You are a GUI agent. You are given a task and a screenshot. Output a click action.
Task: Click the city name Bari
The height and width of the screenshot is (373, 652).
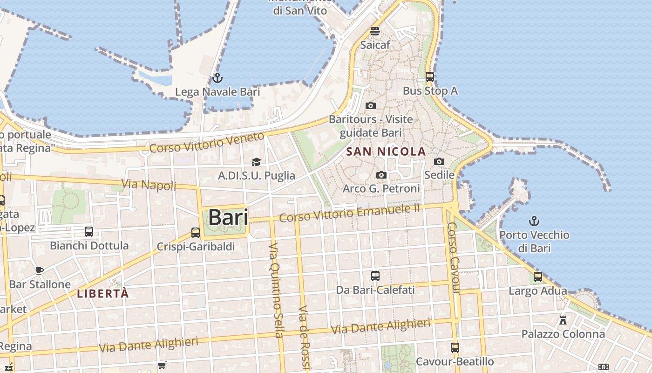coord(228,218)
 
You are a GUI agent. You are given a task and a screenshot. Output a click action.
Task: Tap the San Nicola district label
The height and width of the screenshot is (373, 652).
coord(386,152)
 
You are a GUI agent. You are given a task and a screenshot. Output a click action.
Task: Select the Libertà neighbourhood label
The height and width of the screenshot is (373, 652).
coord(102,294)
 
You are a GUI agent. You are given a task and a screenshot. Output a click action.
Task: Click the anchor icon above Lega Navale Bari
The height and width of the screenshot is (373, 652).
coord(217,78)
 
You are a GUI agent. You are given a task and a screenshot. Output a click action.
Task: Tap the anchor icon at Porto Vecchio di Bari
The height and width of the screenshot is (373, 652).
coord(534,221)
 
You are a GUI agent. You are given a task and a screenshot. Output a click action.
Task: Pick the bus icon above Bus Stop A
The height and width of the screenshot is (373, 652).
coord(429,77)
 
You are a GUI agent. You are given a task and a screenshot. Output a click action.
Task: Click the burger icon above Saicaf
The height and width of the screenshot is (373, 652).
coord(375,31)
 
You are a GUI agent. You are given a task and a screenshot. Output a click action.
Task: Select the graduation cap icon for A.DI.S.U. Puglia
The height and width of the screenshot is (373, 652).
coord(256,162)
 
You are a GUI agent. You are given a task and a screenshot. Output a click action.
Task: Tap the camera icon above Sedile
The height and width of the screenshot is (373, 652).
coord(439,161)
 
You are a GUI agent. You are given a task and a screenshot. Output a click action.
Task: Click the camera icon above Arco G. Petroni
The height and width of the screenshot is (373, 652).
coord(381,175)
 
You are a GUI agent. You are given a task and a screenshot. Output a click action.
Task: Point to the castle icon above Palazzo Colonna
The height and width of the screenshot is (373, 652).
coord(563,320)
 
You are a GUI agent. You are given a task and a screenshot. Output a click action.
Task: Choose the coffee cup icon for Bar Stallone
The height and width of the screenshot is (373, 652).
coord(40,270)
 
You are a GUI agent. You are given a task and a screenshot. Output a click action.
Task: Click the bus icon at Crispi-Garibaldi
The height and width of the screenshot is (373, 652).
coord(196,232)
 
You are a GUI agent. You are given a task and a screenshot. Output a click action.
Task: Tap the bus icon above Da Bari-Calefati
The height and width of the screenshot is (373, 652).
coord(375,276)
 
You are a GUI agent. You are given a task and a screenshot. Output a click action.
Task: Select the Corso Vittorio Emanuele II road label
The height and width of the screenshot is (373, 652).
coord(349,213)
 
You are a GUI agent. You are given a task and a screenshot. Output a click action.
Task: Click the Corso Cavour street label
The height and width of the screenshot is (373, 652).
coord(453,257)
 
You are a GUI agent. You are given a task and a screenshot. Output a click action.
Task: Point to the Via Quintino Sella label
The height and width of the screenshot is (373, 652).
coord(276,290)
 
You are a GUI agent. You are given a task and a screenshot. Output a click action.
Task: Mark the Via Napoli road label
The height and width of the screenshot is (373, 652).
coord(149,184)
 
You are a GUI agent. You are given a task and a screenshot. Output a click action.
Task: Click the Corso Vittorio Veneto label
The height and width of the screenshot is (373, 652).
coord(206,143)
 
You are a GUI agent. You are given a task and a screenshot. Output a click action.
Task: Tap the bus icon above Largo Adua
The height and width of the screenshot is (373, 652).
coord(538,277)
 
